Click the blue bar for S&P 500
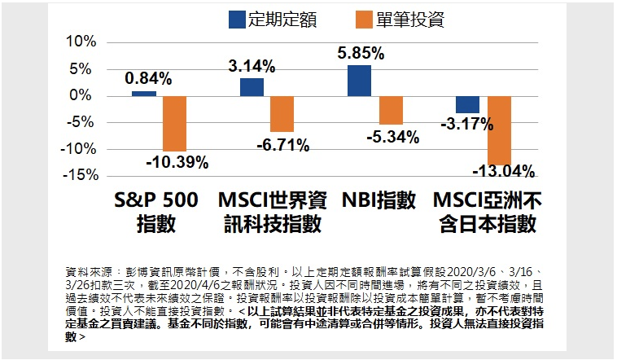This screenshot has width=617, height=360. (144, 93)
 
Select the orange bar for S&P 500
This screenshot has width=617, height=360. (174, 123)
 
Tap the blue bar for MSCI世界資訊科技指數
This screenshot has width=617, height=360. (252, 87)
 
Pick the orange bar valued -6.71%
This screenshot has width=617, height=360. (282, 113)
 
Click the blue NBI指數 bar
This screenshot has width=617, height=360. (359, 80)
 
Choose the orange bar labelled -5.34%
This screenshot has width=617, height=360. (391, 110)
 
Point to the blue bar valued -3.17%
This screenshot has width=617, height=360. (467, 104)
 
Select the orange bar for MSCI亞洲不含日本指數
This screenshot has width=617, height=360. (499, 130)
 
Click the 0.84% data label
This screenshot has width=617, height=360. (148, 78)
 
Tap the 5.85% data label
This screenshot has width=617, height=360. (361, 53)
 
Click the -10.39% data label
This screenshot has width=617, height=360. (177, 162)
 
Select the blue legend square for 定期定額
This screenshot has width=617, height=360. (237, 19)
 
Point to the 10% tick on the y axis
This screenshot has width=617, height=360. (81, 42)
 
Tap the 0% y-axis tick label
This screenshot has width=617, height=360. (85, 95)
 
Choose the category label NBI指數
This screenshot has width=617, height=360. (379, 200)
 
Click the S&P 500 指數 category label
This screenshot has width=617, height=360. (155, 212)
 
